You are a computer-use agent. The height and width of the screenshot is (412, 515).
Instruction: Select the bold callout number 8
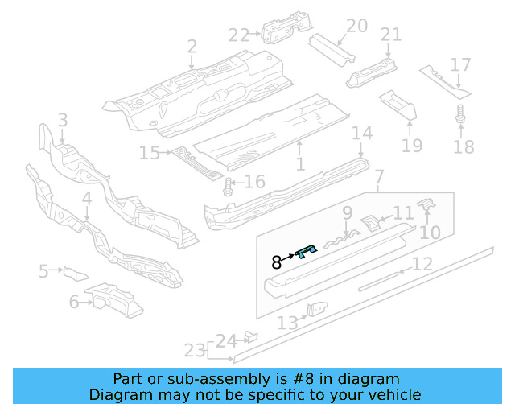click(x=277, y=262)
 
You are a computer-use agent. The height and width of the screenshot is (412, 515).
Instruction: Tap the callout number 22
click(x=238, y=35)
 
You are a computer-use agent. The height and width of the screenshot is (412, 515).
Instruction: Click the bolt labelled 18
click(x=461, y=117)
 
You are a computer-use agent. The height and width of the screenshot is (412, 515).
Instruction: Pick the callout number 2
click(x=192, y=47)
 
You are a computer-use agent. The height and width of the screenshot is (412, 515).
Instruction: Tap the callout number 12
click(x=422, y=264)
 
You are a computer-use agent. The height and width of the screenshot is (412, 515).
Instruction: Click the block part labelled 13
click(x=319, y=309)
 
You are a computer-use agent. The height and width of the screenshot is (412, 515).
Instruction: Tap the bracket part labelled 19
click(x=397, y=105)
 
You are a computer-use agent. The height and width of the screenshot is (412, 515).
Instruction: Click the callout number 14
click(x=362, y=133)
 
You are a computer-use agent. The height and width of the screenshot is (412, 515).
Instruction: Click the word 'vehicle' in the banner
click(x=396, y=394)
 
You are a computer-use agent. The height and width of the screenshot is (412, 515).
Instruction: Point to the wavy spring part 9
click(x=341, y=236)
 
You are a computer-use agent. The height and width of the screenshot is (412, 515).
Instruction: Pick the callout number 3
click(x=62, y=122)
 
